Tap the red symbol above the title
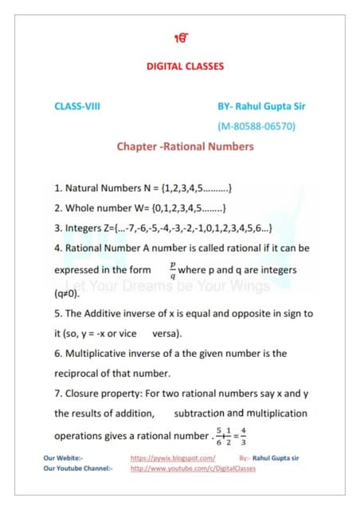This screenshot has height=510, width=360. click(x=180, y=38)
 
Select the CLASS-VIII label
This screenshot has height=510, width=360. click(x=77, y=105)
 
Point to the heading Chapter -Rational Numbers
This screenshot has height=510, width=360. click(x=185, y=147)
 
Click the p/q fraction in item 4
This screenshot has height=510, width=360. click(x=171, y=269)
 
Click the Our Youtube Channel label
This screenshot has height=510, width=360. click(x=78, y=469)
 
